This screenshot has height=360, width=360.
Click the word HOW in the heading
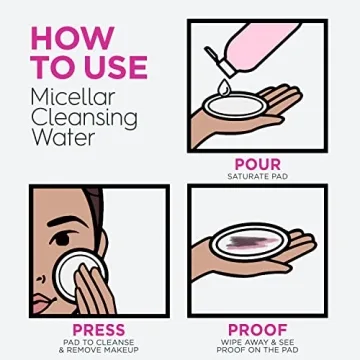tap(73, 38)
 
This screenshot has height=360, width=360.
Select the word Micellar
tap(73, 97)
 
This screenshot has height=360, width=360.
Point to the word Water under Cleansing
tap(63, 137)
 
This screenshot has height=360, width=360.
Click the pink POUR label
tap(258, 164)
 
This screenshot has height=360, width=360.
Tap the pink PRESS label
tap(99, 329)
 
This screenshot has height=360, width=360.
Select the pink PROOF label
tap(258, 329)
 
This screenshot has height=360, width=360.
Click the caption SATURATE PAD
tap(258, 177)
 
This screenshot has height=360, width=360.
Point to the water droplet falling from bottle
tap(223, 88)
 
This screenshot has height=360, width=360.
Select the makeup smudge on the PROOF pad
tap(253, 242)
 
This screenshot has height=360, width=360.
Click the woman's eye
tap(62, 238)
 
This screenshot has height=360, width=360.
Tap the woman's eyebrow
tap(64, 221)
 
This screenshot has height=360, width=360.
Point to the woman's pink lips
tap(43, 301)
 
